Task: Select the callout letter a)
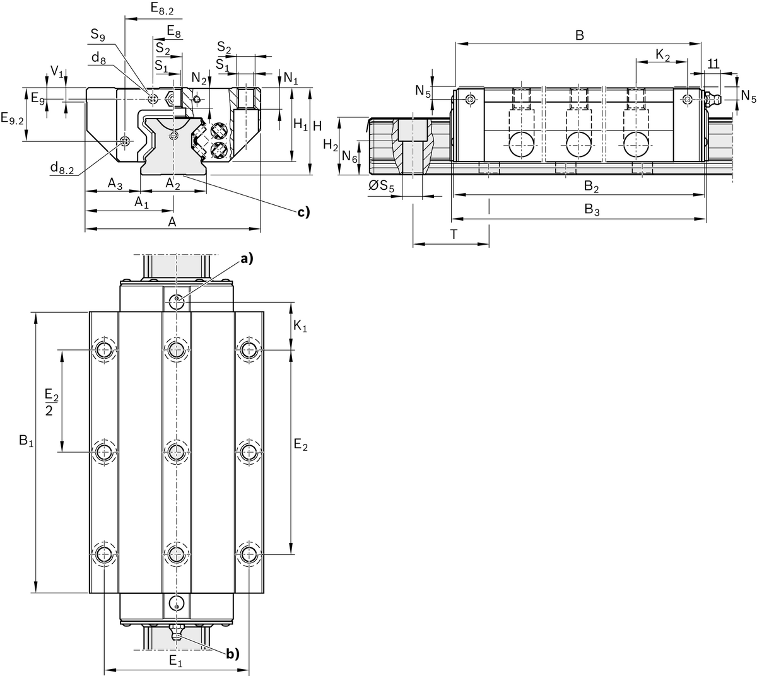pyautogui.click(x=245, y=258)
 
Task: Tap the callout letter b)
pyautogui.click(x=233, y=654)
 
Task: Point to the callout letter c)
pyautogui.click(x=304, y=213)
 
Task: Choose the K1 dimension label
pyautogui.click(x=302, y=326)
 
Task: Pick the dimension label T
pyautogui.click(x=454, y=235)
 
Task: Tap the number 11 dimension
pyautogui.click(x=713, y=64)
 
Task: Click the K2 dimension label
pyautogui.click(x=663, y=55)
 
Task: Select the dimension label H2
pyautogui.click(x=330, y=145)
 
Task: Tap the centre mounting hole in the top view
pyautogui.click(x=177, y=451)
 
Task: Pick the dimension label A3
pyautogui.click(x=114, y=184)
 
